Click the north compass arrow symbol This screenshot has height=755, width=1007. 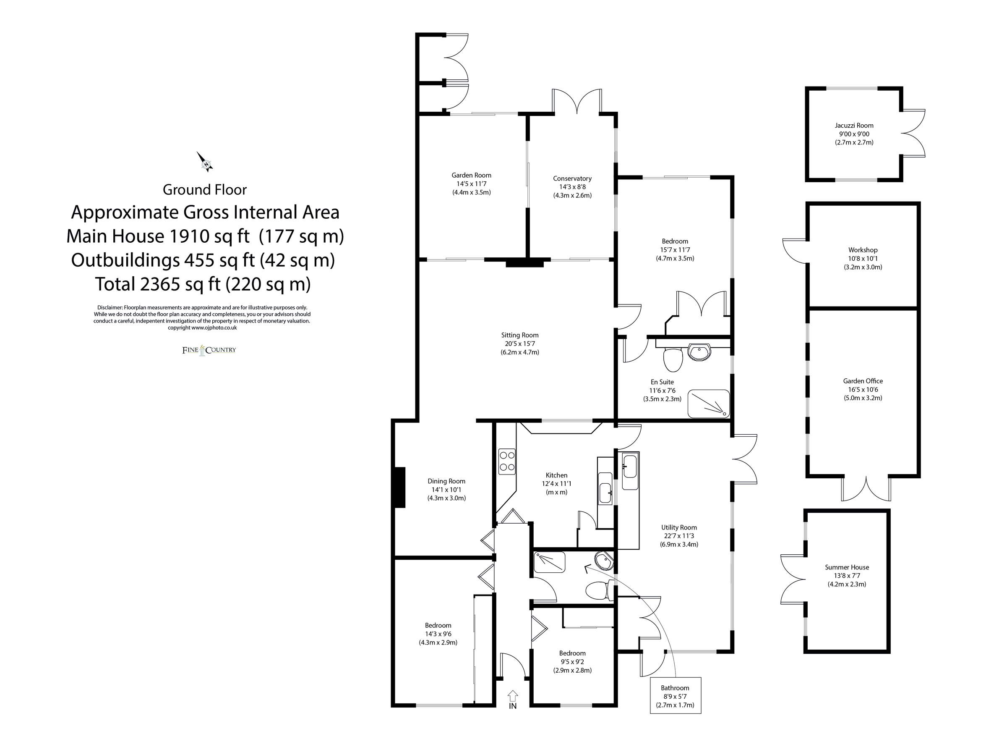pos(205,162)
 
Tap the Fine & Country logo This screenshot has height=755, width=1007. pos(209,350)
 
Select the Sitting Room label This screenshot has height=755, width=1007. pos(519,335)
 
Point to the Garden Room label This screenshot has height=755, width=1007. pos(471,175)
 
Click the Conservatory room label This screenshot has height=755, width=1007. pos(572,178)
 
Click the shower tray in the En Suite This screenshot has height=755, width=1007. pos(708,404)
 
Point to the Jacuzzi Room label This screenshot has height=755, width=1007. pos(854,125)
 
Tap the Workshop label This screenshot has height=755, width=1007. pos(863,250)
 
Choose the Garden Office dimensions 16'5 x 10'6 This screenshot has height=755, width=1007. pos(863,390)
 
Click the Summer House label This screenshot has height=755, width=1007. pos(847,567)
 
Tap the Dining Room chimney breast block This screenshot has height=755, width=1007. pos(399,487)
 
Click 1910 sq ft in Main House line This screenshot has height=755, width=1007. pos(209,236)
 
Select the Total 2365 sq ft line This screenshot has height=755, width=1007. pos(203,284)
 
